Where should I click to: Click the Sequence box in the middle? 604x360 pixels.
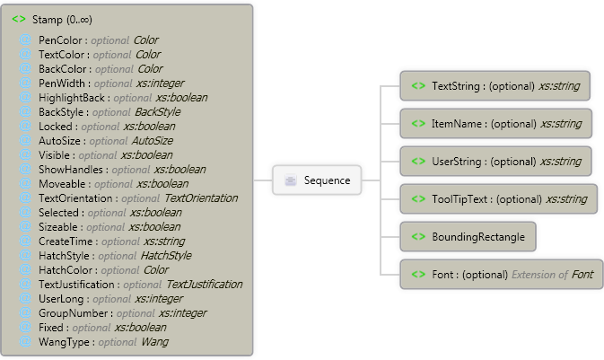[x=319, y=180]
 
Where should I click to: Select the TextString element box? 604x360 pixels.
[x=495, y=86]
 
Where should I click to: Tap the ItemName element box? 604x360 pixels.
[x=495, y=122]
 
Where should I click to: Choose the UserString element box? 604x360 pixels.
[x=495, y=161]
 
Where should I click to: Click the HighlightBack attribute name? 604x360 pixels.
[x=73, y=98]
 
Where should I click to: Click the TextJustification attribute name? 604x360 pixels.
[x=79, y=285]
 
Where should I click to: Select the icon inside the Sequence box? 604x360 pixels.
[x=292, y=180]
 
